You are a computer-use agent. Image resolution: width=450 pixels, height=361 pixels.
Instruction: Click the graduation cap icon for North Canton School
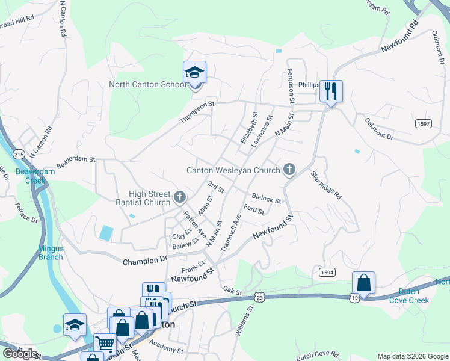point(194,73)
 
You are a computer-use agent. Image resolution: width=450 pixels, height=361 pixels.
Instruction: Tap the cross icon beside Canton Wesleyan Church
point(289,170)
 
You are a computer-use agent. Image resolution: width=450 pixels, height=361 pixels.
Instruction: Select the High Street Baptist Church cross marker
point(179,197)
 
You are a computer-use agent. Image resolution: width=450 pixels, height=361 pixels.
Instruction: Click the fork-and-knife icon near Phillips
point(330,91)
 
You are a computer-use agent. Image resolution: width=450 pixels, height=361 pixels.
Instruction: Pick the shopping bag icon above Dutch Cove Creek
point(363,283)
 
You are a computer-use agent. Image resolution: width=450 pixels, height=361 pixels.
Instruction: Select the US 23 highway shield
point(259,297)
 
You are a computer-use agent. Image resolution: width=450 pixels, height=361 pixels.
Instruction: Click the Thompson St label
point(197,113)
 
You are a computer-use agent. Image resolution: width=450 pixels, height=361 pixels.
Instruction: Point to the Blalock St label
point(267,198)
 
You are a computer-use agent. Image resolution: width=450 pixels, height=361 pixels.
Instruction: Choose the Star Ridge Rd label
point(326,186)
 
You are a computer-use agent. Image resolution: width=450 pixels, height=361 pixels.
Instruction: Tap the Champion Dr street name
point(145,261)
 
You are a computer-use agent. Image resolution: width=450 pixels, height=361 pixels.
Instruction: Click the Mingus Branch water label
point(51,253)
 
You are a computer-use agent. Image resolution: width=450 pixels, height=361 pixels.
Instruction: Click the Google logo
point(20,353)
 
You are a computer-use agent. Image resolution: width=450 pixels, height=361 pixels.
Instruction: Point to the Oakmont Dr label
point(378,129)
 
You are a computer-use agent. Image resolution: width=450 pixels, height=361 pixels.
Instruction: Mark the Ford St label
point(254,210)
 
